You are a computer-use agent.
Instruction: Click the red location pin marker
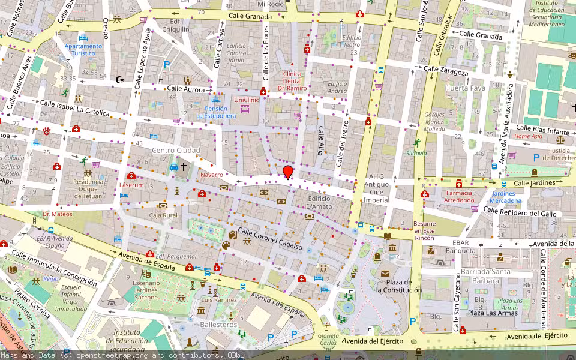tap(288, 172)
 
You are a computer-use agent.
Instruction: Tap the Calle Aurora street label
tap(186, 88)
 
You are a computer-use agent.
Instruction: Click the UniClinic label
tap(247, 100)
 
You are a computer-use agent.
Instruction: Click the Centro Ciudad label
tap(176, 150)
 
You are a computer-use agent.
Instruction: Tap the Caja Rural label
tap(163, 215)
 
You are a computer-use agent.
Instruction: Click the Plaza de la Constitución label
tap(398, 286)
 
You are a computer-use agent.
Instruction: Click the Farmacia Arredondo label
tap(459, 196)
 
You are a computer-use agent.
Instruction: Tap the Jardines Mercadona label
tap(503, 197)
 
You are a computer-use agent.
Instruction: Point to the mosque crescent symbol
tap(119, 79)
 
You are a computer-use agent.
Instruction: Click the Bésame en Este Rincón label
tap(424, 231)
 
